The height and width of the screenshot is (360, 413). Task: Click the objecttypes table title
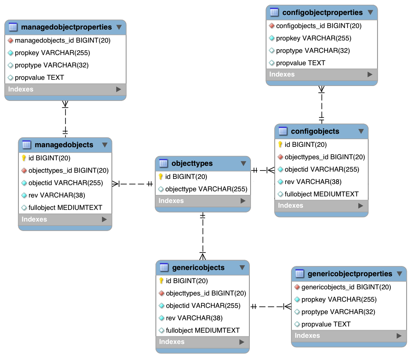[192, 163]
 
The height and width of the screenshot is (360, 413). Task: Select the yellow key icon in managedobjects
[24, 158]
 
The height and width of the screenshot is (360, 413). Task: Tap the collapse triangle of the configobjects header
[361, 131]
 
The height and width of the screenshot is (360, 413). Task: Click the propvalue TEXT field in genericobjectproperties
[326, 324]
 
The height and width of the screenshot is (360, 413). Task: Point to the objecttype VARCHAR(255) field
[206, 189]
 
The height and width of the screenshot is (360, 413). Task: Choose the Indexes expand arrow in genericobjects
[241, 342]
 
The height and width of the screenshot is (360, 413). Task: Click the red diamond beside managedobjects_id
[11, 40]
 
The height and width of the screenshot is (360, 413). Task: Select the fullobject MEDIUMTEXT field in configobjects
[322, 194]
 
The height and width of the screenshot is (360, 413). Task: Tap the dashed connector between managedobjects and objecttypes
[133, 184]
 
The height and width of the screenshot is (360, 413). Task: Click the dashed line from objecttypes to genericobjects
[202, 236]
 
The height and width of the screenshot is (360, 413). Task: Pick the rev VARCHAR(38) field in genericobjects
[194, 318]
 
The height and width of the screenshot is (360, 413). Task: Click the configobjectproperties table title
[322, 12]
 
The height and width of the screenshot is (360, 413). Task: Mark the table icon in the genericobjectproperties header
[299, 274]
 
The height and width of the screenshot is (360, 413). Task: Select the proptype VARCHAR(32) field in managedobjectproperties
[52, 65]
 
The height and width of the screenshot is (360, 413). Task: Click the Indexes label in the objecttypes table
[171, 201]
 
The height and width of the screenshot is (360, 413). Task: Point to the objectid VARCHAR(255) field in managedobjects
[66, 183]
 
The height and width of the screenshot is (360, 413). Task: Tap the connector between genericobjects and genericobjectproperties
[271, 306]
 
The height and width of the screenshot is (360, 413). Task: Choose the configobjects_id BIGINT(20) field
[319, 26]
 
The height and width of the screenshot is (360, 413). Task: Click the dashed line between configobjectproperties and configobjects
[322, 105]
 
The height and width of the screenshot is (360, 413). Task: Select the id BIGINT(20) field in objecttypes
[186, 177]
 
